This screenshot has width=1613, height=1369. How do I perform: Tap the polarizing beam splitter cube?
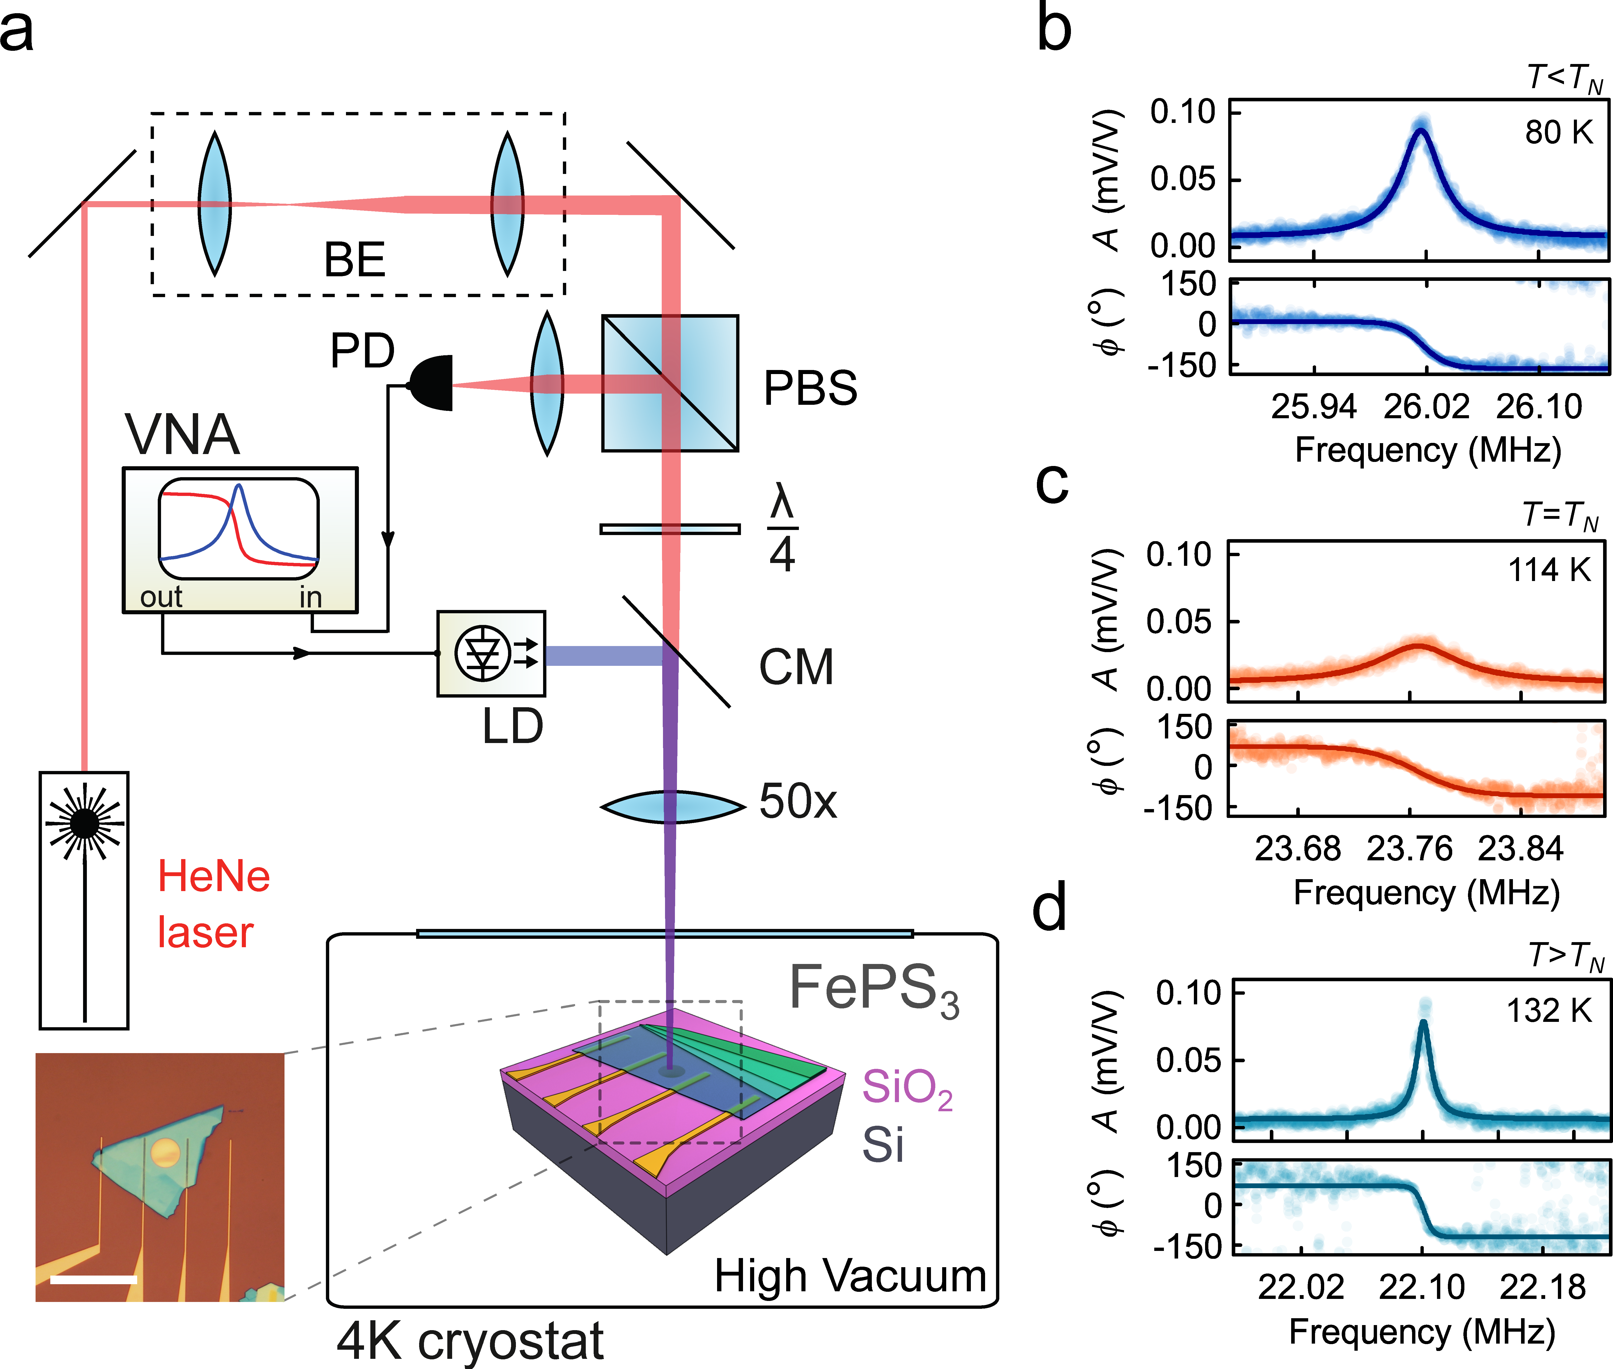pos(670,383)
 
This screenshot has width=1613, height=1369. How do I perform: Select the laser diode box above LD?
pos(491,653)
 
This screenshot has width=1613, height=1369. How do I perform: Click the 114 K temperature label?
pos(1548,570)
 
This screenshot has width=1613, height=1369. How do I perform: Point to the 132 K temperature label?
pos(1548,1010)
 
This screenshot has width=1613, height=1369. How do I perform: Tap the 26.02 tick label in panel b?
pos(1426,407)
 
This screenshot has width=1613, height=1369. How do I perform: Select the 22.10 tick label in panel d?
pos(1421,1287)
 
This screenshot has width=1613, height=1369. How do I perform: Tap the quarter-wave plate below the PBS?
pos(670,529)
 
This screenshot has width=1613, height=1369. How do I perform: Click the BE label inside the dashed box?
pos(354,260)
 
